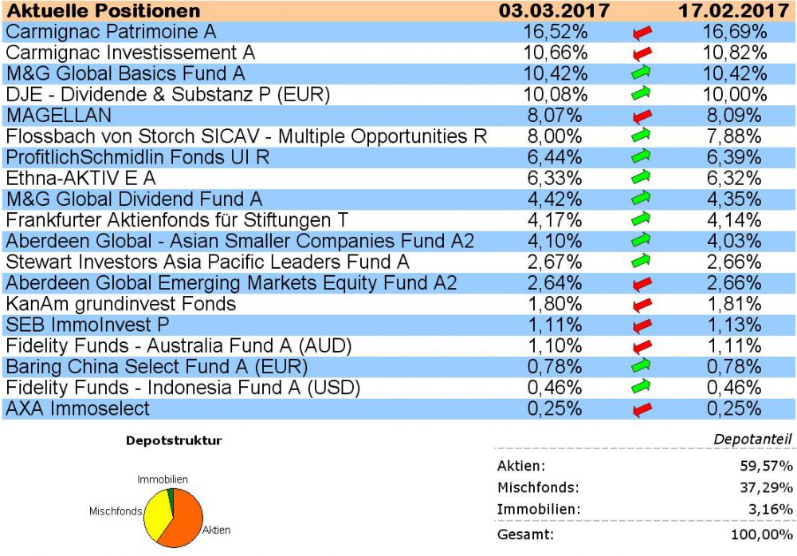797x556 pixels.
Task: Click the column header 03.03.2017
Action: (x=554, y=11)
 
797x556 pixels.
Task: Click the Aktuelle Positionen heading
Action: (x=103, y=11)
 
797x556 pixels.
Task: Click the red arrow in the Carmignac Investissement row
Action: (x=642, y=54)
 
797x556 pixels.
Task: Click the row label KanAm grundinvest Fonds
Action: (x=120, y=304)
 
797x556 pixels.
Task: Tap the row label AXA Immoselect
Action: (x=77, y=408)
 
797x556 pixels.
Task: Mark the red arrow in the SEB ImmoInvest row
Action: (x=642, y=325)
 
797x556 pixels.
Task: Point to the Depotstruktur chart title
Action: (x=174, y=440)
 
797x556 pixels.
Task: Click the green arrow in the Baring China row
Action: (x=642, y=367)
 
